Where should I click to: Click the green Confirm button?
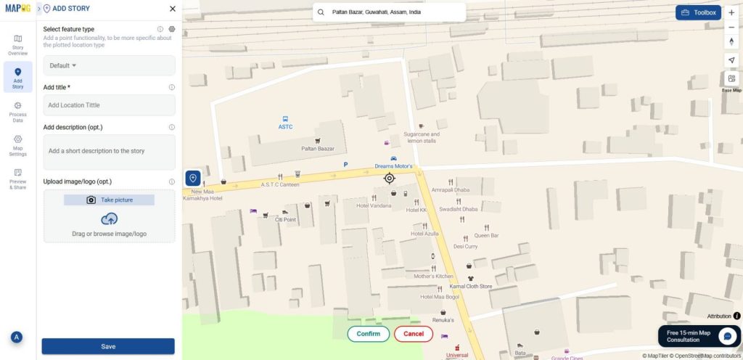click(x=369, y=334)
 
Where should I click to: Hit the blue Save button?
click(x=108, y=346)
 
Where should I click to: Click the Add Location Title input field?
click(x=109, y=105)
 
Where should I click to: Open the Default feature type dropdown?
click(x=109, y=65)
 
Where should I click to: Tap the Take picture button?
click(x=110, y=200)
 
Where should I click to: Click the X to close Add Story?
click(x=172, y=9)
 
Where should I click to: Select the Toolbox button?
click(x=698, y=12)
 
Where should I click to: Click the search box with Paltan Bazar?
click(x=389, y=12)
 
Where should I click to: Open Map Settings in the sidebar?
click(x=18, y=145)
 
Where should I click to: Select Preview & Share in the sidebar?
click(x=18, y=179)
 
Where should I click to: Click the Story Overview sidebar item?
click(x=18, y=45)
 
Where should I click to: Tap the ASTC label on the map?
click(x=285, y=126)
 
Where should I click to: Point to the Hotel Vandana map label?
click(x=374, y=205)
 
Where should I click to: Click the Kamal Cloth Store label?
click(x=471, y=286)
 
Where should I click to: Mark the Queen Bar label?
click(x=486, y=235)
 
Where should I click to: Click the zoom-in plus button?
click(x=731, y=13)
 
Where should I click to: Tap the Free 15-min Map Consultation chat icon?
click(x=727, y=336)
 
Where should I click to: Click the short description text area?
click(x=109, y=152)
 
